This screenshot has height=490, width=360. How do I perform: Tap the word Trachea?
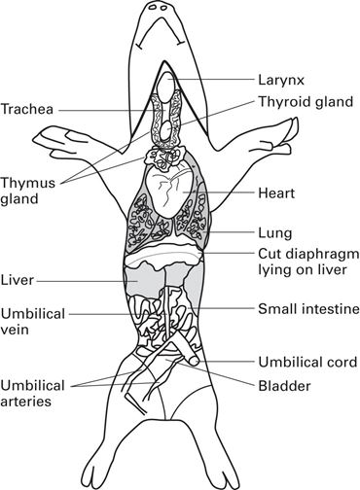coord(27,108)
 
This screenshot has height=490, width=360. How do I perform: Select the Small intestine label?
coord(308,310)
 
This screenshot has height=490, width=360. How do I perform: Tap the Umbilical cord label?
coord(306,362)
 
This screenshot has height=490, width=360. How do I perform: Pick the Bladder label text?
coord(284,386)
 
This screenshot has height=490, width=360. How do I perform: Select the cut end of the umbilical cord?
coord(195,363)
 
